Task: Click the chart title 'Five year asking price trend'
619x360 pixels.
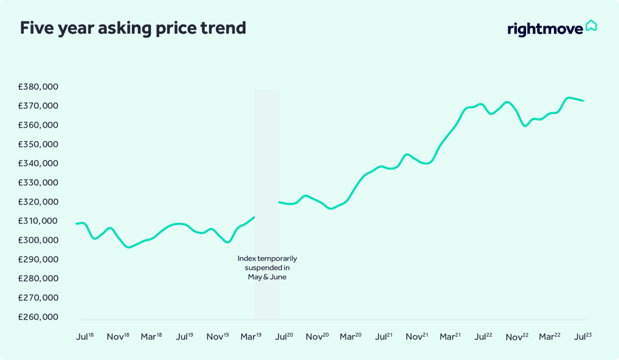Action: coord(133,28)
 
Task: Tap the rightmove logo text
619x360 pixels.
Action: coord(545,29)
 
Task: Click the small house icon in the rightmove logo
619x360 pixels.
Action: coord(591,26)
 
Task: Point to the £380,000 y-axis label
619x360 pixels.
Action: coord(38,87)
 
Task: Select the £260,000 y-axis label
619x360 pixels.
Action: coord(38,317)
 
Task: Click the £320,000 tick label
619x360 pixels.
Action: coord(38,202)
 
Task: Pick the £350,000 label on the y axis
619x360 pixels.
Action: coord(38,144)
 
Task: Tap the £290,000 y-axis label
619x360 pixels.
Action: coord(38,260)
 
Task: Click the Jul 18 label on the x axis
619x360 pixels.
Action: coord(85,337)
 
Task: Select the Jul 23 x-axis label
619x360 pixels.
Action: coord(583,337)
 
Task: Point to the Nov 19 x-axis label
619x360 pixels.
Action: coord(218,337)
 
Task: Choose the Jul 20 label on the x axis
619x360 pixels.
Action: coord(284,337)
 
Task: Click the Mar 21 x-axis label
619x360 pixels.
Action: coord(450,337)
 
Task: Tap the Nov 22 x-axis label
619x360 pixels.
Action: coord(517,337)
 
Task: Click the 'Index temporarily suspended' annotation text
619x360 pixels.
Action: coord(267,268)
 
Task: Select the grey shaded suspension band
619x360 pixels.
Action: coord(267,163)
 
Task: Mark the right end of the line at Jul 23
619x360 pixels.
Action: coord(583,100)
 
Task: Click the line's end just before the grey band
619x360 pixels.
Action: coord(254,217)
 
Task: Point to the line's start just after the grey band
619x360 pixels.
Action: coord(280,202)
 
